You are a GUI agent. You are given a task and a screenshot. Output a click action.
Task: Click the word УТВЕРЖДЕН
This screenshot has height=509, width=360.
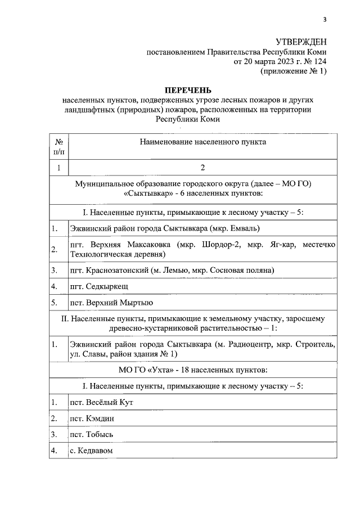(x=300, y=43)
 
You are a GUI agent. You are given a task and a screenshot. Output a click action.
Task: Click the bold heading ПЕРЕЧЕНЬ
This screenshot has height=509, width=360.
(x=187, y=90)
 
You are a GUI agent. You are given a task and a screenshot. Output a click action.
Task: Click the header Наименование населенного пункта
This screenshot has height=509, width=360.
(x=202, y=142)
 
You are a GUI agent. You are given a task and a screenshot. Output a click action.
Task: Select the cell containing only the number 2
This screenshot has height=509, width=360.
(x=202, y=168)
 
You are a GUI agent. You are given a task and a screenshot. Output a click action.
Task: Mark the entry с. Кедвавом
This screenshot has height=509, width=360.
(x=92, y=451)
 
